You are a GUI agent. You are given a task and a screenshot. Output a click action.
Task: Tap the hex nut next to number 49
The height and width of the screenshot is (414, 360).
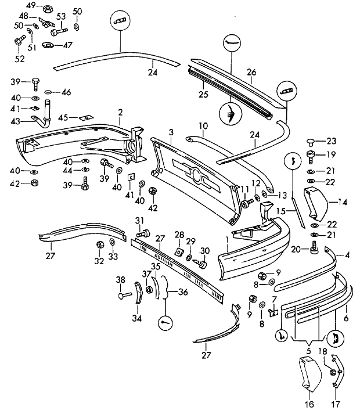tap(48, 8)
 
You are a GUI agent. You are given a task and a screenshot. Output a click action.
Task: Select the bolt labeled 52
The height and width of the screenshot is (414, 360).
tap(17, 42)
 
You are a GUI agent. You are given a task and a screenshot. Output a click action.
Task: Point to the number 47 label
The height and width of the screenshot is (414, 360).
tap(68, 45)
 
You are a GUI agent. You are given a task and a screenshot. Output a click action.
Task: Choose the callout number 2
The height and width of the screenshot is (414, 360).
tap(120, 111)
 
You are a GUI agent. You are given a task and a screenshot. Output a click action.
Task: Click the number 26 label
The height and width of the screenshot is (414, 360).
tap(251, 73)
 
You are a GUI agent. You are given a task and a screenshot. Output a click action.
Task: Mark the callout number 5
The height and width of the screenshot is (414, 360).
tap(308, 350)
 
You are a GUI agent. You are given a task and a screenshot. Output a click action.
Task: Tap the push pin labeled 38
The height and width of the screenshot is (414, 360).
tap(124, 296)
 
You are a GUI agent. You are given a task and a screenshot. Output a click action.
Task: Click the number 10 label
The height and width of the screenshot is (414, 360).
tap(203, 125)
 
